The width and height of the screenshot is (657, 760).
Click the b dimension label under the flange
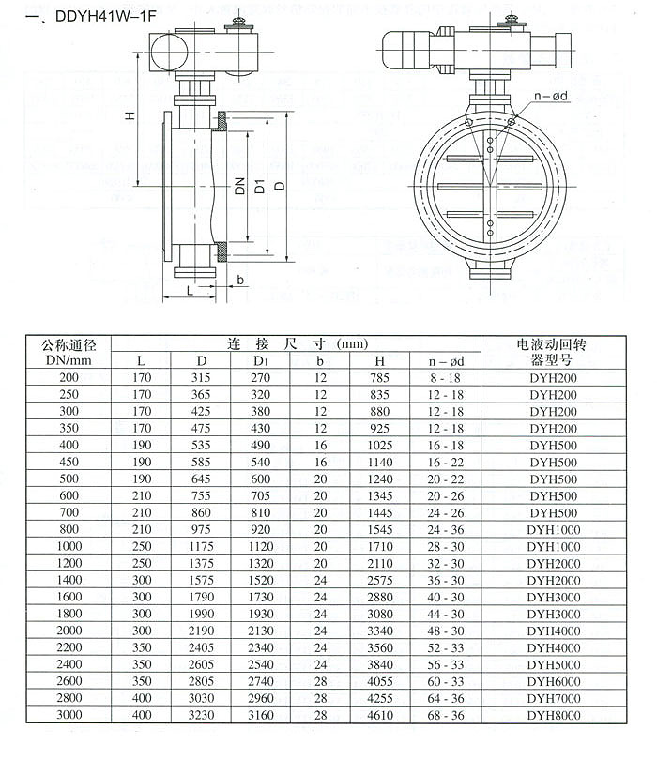[240, 280]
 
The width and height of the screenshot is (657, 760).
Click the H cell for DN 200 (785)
[379, 377]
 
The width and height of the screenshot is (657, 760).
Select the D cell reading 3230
[202, 715]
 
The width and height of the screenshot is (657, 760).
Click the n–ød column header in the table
[447, 360]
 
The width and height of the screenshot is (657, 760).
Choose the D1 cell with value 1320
[262, 563]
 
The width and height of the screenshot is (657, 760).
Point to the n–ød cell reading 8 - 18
[447, 377]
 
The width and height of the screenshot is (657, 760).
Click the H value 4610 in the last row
[379, 715]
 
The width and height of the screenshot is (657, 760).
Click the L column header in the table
[142, 360]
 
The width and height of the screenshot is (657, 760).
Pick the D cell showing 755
[202, 495]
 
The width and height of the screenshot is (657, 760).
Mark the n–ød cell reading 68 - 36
[447, 715]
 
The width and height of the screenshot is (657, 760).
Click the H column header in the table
[379, 360]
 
